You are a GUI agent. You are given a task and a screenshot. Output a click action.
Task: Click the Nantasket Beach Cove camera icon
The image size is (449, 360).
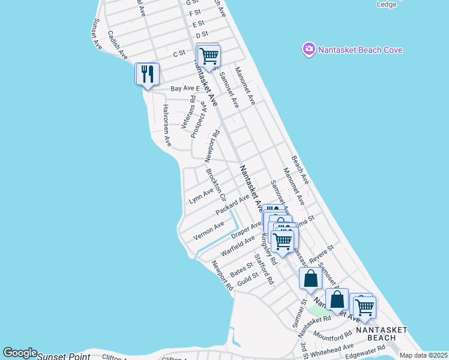(x=309, y=50)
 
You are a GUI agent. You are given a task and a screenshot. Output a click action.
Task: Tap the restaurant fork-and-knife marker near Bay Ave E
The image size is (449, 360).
(x=147, y=74)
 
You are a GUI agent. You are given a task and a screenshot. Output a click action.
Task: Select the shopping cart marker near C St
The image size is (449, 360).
(x=209, y=56)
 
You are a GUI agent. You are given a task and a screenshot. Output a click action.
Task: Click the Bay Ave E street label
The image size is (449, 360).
(x=184, y=88)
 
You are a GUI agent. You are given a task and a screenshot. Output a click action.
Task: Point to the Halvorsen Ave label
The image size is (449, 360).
(x=167, y=125)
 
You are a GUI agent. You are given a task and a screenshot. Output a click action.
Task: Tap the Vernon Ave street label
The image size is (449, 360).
(x=209, y=230)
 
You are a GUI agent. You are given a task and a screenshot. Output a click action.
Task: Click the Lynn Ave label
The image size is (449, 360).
(x=201, y=196)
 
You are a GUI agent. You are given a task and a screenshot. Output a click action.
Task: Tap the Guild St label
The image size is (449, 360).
(x=247, y=277)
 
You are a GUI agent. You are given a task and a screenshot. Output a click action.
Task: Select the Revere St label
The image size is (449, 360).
(x=322, y=251)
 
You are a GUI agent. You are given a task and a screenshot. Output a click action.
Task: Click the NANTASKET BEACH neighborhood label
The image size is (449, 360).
(x=381, y=334)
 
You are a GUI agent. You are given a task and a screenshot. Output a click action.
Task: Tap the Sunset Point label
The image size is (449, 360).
(x=64, y=356)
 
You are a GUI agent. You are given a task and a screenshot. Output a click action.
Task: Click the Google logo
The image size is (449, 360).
(x=20, y=353)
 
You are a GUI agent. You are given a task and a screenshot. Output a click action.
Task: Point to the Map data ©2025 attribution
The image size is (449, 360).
(x=423, y=355)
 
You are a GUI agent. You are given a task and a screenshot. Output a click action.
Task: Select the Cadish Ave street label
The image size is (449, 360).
(x=118, y=45)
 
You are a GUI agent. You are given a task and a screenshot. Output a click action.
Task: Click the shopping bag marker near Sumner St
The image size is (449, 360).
(x=310, y=279)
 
